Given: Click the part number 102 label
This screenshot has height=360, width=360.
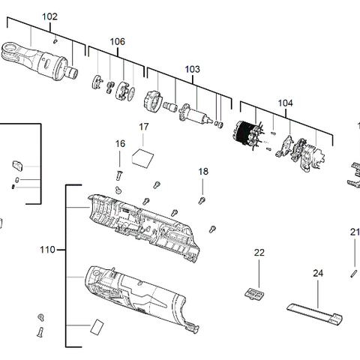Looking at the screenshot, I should tap(49, 16).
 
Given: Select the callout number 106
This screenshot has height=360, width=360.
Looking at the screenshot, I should tap(118, 41).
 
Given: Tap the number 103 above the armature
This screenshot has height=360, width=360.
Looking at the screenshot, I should tap(192, 69).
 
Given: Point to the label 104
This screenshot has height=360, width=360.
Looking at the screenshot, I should tap(285, 103).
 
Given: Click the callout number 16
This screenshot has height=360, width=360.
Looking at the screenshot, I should tap(120, 143).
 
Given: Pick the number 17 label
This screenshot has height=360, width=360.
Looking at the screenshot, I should tap(145, 127).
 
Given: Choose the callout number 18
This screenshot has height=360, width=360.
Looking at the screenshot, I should tap(202, 172).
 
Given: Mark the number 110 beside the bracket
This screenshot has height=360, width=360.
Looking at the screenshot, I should tap(47, 250).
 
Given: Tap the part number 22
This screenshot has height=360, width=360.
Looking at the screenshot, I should tap(259, 253).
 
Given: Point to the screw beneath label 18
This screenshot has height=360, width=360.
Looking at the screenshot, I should tap(202, 199).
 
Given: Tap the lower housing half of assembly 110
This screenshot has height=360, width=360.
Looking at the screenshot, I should tap(135, 295).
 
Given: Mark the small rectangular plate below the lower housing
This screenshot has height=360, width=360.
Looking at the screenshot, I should tap(95, 327).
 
